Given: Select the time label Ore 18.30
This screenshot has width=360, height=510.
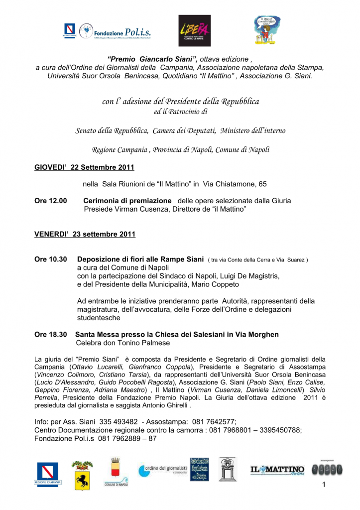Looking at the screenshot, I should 50,334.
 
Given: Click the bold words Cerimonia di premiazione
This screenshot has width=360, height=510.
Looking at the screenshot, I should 127,201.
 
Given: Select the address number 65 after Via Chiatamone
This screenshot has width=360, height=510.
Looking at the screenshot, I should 262,184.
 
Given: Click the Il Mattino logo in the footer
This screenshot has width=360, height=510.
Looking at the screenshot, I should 277,470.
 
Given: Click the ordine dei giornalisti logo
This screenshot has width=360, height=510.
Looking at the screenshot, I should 162,470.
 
